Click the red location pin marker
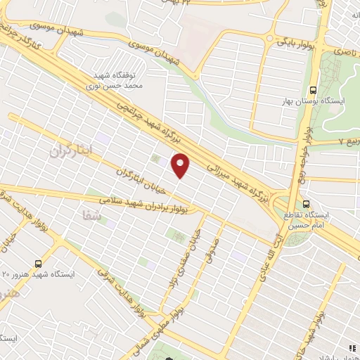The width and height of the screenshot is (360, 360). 181,165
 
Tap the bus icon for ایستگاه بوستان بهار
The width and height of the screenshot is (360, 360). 314,91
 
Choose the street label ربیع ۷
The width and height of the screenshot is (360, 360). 348,141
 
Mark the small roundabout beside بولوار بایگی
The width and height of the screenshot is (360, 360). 269,39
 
